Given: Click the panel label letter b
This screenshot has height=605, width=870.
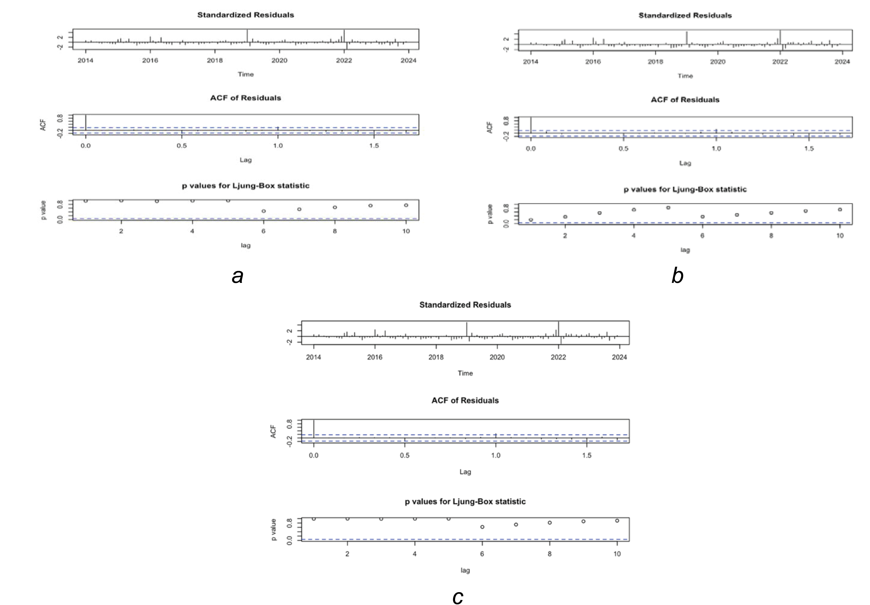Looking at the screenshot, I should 677,276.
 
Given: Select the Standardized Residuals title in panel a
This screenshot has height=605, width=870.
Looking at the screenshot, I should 245,15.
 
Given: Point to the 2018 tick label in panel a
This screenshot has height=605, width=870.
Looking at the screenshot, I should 215,60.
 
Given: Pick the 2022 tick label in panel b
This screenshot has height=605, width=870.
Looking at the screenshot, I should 780,62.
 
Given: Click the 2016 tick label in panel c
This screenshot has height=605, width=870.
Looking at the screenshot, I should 375,357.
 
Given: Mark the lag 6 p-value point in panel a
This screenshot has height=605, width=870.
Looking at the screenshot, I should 264,211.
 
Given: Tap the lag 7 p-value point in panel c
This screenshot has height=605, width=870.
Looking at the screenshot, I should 516,525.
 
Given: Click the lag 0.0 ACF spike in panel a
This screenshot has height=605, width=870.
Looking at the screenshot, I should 86,122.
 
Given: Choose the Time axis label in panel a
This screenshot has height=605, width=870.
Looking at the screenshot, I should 245,74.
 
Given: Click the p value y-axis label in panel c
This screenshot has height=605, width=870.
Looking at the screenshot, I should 274,530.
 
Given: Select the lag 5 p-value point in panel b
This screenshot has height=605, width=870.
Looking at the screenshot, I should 668,208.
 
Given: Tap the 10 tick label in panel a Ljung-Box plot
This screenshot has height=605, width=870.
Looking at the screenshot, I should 406,231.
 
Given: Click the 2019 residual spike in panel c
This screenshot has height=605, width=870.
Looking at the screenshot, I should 466,329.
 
